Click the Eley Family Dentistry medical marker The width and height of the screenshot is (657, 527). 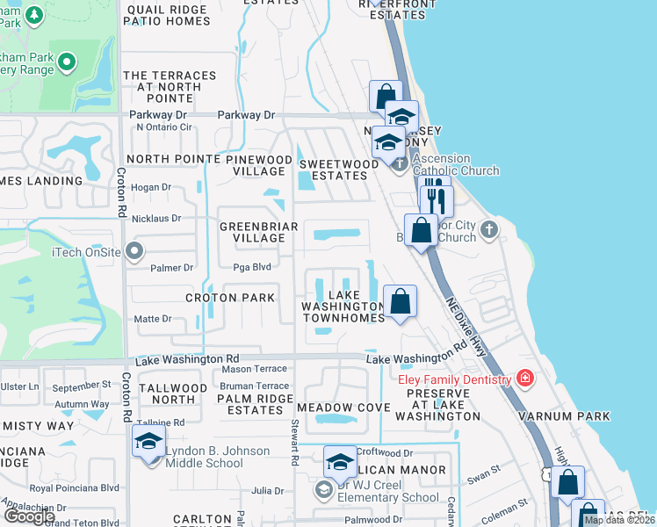tap(525, 379)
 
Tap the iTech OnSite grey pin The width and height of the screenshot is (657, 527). tap(134, 253)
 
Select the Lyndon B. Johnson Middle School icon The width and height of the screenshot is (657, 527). tap(148, 441)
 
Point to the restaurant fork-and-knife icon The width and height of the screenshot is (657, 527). tap(436, 200)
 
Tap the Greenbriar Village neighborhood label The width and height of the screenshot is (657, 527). tap(259, 232)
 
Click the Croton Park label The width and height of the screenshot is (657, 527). tap(229, 298)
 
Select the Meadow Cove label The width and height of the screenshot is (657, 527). tap(343, 408)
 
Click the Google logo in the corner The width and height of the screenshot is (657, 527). tap(28, 516)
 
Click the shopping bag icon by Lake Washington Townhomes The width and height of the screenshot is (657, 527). tap(400, 302)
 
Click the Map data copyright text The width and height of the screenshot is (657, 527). tap(618, 520)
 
